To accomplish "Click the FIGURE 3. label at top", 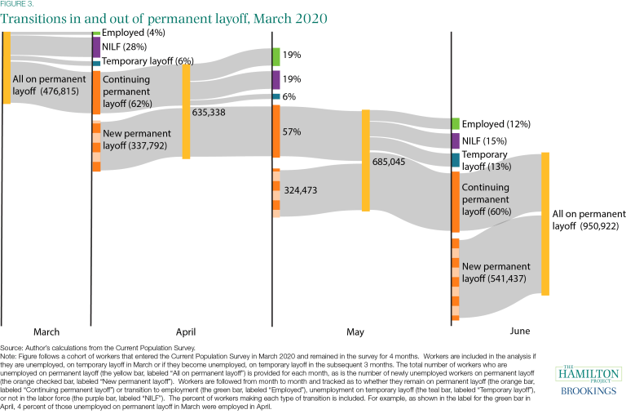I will point(18,4).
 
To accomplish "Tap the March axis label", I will point(46,332).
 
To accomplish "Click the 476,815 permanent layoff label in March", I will point(46,86).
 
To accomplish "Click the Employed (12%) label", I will point(496,124).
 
